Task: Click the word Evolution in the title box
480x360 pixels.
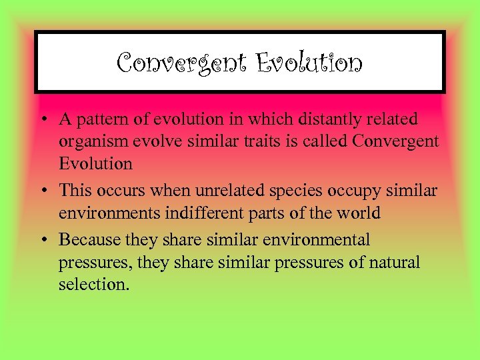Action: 309,63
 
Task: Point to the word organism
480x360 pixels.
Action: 91,141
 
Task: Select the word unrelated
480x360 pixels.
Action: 209,190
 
